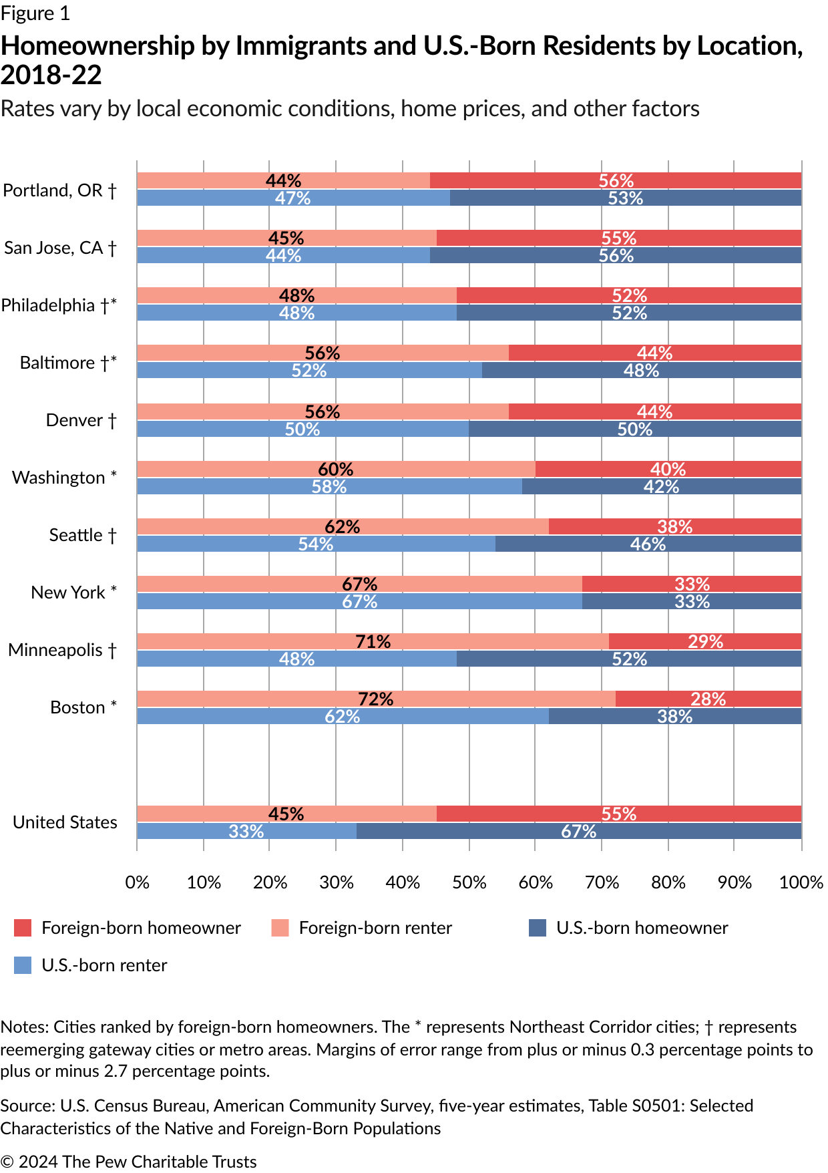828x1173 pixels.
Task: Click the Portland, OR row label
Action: click(x=59, y=190)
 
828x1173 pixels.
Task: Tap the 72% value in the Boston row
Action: click(x=375, y=699)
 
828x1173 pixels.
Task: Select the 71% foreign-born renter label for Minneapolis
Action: click(x=373, y=641)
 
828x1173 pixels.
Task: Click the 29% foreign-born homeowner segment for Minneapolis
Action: click(x=705, y=641)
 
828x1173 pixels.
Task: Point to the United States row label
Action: click(x=65, y=822)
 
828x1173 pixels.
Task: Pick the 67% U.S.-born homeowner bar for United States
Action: click(x=578, y=831)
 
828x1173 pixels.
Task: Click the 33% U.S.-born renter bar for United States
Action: click(x=246, y=831)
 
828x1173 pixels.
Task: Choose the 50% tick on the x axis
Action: click(x=469, y=882)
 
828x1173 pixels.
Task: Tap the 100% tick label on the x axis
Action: click(x=801, y=882)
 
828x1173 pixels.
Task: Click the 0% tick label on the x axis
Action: click(x=138, y=882)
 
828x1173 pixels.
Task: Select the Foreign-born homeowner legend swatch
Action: click(x=23, y=928)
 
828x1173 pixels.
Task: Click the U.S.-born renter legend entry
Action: click(x=104, y=965)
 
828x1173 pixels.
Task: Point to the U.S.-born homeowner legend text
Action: click(x=642, y=928)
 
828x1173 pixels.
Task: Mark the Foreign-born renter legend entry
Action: click(x=375, y=928)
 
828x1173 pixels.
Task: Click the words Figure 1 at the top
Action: click(x=35, y=13)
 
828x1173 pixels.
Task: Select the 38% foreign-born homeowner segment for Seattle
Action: click(x=674, y=526)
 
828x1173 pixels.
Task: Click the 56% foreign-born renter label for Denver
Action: click(x=323, y=411)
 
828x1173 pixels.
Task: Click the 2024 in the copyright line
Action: click(x=38, y=1162)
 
